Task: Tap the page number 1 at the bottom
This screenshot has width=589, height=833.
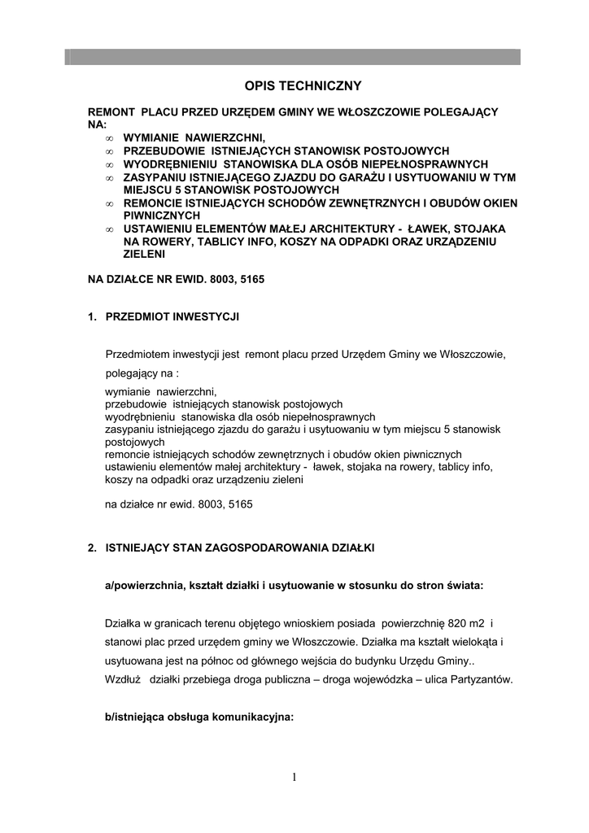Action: click(x=294, y=778)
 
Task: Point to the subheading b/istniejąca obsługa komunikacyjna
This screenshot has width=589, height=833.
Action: click(x=194, y=718)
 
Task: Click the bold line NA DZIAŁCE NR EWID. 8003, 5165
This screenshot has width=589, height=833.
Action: click(x=176, y=279)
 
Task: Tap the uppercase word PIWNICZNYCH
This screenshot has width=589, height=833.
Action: click(x=162, y=216)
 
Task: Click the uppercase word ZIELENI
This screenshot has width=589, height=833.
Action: click(x=145, y=254)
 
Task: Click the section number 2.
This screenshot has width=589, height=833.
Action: click(x=91, y=548)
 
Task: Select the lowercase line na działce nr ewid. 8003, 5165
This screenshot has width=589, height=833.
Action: click(x=179, y=504)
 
